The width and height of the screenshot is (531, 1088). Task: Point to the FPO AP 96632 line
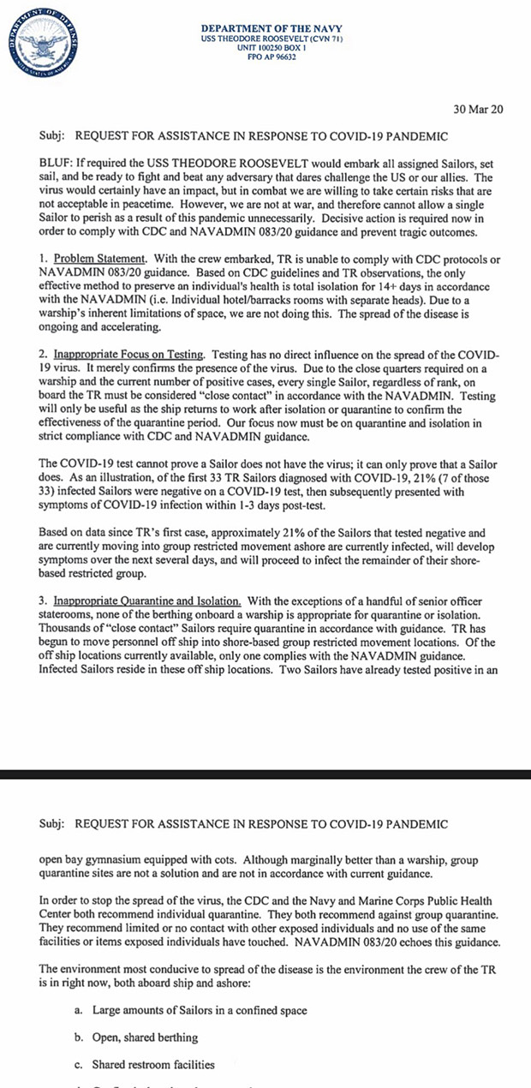(x=265, y=57)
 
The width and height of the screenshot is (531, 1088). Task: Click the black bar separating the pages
(x=265, y=774)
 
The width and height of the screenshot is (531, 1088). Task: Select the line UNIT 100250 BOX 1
(x=265, y=48)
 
